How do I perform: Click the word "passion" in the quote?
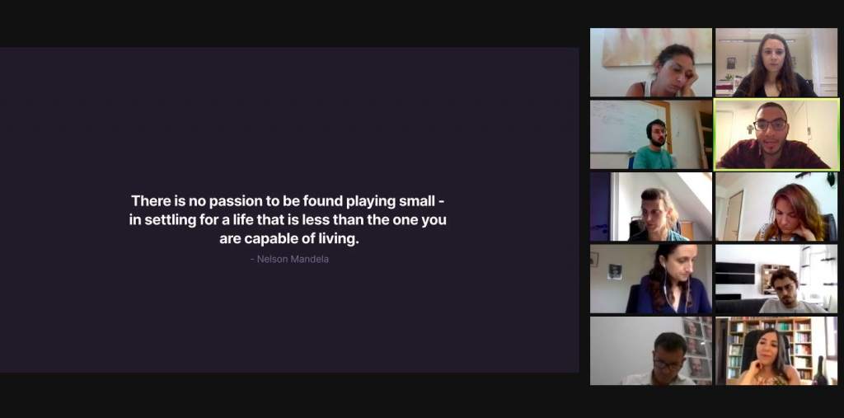(232, 201)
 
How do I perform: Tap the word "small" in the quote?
(416, 201)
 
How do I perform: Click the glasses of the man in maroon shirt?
(771, 125)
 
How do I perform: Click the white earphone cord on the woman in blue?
(666, 291)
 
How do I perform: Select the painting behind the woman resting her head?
(657, 47)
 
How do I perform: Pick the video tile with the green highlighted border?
(776, 134)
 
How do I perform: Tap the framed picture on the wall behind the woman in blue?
(615, 271)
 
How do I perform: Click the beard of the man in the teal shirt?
(658, 142)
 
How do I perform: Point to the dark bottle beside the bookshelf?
(820, 372)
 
